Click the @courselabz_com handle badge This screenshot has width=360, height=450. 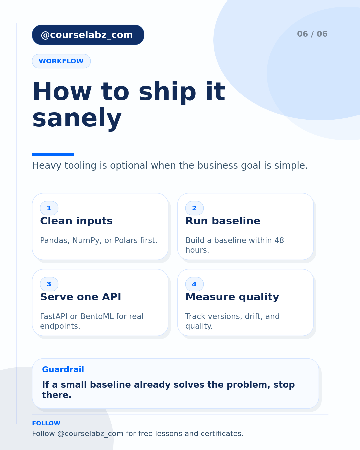coord(88,35)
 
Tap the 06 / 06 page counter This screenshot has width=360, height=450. coord(312,34)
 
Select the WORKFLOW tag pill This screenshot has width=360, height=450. coord(61,61)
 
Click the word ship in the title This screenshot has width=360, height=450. coord(167,92)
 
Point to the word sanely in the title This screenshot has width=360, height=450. coord(77,119)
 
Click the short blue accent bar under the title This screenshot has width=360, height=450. coord(53,154)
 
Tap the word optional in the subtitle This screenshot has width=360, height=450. coord(129,166)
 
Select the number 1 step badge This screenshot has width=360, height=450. coord(49,208)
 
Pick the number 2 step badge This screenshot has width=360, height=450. coord(194,208)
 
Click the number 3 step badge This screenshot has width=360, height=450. coord(49,284)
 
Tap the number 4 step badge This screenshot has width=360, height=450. coord(194,284)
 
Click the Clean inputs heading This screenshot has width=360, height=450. coord(76,221)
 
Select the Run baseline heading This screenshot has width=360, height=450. coord(223,221)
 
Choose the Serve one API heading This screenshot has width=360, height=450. coord(81,297)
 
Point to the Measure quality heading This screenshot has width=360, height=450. coord(232,297)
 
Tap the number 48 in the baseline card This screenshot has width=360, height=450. coord(279,240)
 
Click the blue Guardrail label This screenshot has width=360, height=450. coord(63,369)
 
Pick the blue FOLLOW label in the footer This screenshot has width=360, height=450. coord(46,423)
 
